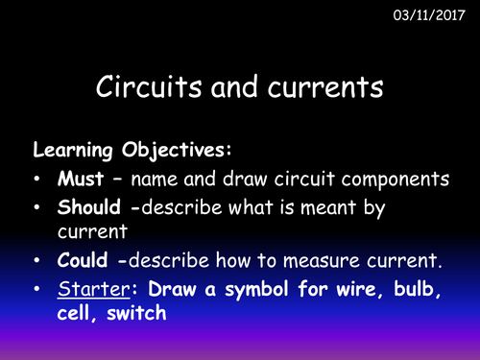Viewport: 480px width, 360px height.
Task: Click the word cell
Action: (x=76, y=314)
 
